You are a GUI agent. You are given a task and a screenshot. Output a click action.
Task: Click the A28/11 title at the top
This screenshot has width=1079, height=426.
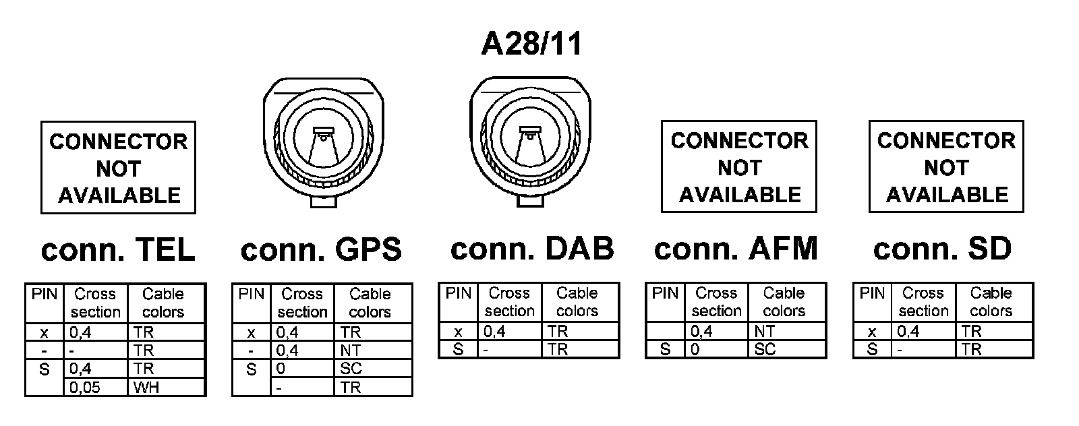tap(531, 44)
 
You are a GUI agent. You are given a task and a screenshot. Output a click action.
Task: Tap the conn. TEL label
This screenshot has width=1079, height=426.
tap(118, 250)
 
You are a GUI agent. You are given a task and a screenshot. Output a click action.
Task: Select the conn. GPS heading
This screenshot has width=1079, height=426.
tap(321, 250)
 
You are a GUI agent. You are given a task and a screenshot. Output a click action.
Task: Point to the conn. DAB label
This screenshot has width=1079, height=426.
tap(532, 249)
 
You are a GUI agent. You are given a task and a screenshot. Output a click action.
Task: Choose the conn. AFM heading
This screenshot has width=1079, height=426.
tap(736, 249)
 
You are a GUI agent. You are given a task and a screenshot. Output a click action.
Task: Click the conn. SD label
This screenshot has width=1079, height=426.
tap(942, 249)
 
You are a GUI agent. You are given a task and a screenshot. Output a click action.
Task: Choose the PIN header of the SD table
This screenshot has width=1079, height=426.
tap(872, 293)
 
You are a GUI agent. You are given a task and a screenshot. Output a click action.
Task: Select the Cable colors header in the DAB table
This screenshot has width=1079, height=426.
tap(577, 302)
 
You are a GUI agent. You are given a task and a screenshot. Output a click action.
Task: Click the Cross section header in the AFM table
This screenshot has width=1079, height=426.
tap(716, 302)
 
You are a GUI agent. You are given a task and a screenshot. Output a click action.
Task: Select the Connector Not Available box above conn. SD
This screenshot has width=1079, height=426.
tap(946, 167)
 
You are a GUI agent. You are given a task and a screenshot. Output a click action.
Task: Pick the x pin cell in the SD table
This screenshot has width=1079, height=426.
tap(872, 332)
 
